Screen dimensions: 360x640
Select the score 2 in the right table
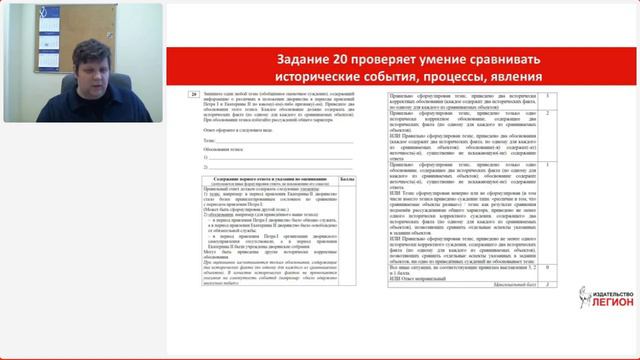coord(547,112)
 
